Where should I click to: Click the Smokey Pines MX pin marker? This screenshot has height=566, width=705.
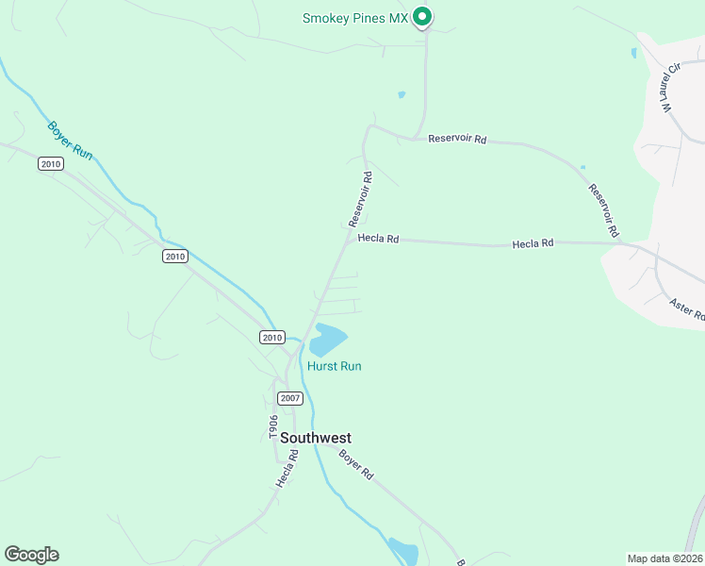(423, 16)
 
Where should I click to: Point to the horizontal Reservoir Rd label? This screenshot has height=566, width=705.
(457, 139)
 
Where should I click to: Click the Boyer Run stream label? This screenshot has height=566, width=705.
(70, 141)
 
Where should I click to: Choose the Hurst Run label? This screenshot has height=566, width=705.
(334, 366)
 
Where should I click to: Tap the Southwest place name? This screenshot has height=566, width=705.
(316, 438)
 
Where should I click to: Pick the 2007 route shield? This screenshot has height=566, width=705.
(290, 398)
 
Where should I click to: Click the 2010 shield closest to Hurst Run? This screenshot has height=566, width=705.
(271, 337)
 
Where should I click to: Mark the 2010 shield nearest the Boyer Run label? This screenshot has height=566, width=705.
(51, 164)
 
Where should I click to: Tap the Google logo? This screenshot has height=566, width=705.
(31, 555)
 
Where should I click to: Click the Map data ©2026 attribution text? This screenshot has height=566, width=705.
(664, 558)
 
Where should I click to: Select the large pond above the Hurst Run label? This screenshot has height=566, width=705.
(328, 340)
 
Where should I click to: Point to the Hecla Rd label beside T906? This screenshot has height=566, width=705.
(287, 468)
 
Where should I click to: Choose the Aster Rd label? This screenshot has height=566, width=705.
(686, 309)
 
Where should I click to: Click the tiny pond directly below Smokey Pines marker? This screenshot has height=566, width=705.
(402, 94)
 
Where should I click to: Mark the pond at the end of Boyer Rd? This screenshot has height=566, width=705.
(403, 550)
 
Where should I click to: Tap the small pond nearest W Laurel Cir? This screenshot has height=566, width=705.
(632, 54)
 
